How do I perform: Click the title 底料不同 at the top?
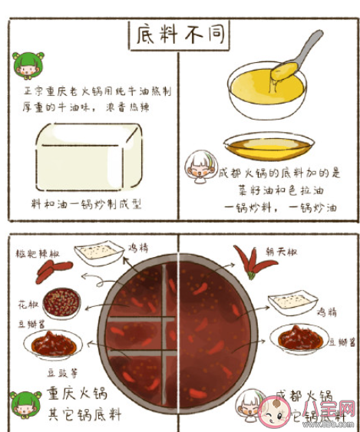pyautogui.click(x=178, y=34)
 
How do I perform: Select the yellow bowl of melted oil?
pyautogui.click(x=266, y=88)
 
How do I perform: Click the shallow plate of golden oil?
pyautogui.click(x=269, y=143)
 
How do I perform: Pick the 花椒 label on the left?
pyautogui.click(x=28, y=305)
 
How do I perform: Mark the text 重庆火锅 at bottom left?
pyautogui.click(x=77, y=394)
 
